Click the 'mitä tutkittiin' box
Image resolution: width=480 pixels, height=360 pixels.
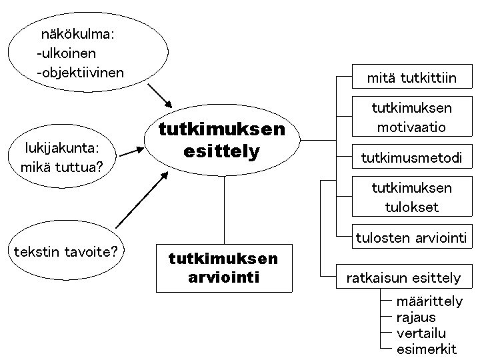pyautogui.click(x=411, y=79)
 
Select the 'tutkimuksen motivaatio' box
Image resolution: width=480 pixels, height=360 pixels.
pyautogui.click(x=411, y=117)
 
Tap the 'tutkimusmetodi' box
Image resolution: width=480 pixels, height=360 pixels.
pyautogui.click(x=411, y=158)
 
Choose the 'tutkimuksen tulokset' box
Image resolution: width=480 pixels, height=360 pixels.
pyautogui.click(x=411, y=197)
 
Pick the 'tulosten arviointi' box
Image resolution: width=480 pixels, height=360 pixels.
pyautogui.click(x=411, y=237)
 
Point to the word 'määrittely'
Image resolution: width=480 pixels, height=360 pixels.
pyautogui.click(x=429, y=302)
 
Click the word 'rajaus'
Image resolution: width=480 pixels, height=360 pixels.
pyautogui.click(x=416, y=317)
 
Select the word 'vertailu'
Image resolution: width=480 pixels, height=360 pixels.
pyautogui.click(x=421, y=333)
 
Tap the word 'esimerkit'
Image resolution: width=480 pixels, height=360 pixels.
pyautogui.click(x=427, y=349)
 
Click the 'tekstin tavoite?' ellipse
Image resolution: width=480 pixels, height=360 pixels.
pyautogui.click(x=64, y=253)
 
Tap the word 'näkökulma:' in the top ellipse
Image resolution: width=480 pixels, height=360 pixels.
pyautogui.click(x=79, y=33)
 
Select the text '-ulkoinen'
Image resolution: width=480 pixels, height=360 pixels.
pyautogui.click(x=67, y=53)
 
